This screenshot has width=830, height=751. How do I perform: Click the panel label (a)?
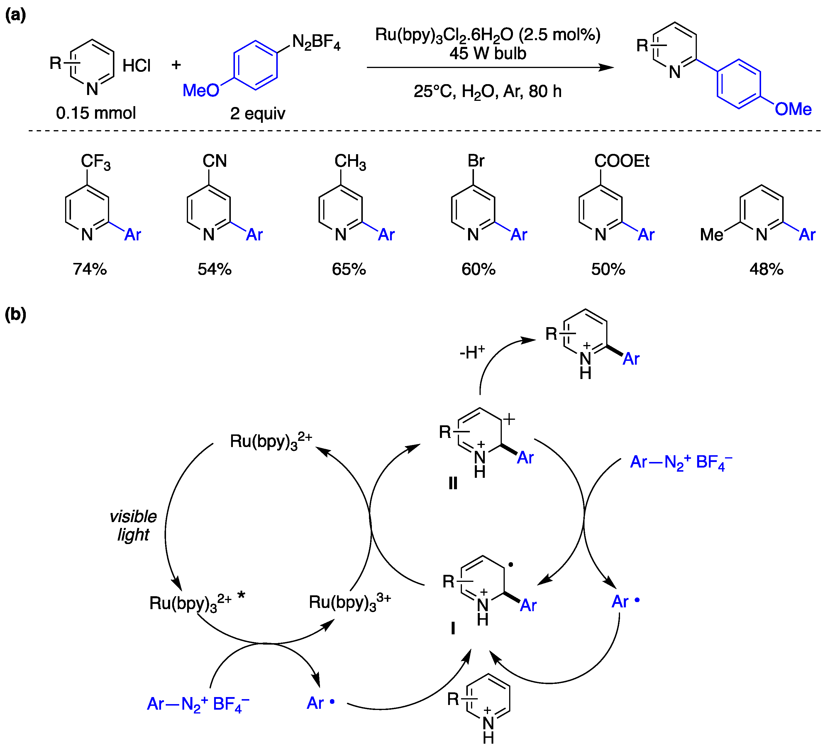click(15, 15)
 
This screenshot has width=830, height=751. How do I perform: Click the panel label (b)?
click(15, 315)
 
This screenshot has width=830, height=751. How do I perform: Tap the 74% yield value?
click(90, 269)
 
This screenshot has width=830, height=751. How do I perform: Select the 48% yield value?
click(766, 269)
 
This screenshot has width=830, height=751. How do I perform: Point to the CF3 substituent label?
click(96, 162)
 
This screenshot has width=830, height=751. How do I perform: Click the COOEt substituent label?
click(622, 161)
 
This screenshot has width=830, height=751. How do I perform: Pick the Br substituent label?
click(476, 161)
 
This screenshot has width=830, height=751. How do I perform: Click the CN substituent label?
click(214, 161)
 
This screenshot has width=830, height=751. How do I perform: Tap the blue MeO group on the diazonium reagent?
click(201, 90)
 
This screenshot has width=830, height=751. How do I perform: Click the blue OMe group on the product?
click(793, 109)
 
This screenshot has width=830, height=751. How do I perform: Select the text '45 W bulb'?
click(487, 53)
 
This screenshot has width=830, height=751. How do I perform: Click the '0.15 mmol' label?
click(96, 113)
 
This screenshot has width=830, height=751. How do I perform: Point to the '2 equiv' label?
click(257, 113)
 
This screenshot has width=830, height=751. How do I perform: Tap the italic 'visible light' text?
click(133, 526)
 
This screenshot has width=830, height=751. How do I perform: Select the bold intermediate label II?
click(453, 484)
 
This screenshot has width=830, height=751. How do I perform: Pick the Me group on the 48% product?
click(712, 235)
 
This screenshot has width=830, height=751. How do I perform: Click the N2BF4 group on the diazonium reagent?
click(316, 43)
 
